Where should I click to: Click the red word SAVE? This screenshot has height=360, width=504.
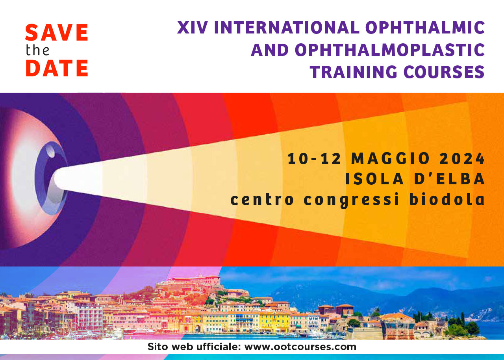pos(56,32)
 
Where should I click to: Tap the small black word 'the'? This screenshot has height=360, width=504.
pos(37,50)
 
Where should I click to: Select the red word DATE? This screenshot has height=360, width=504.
pos(57,68)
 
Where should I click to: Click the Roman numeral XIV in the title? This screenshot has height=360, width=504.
pos(193,28)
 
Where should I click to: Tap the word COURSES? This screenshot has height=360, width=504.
pos(444,72)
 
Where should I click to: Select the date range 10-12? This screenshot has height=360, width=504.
pos(314,158)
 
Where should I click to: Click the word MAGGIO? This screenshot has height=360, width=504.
pos(390,158)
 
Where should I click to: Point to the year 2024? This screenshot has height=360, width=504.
pos(462,158)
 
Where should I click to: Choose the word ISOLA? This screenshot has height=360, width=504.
pos(374,179)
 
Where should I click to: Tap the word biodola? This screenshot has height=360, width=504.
pos(447,199)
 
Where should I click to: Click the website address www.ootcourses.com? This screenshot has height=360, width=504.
pos(300,347)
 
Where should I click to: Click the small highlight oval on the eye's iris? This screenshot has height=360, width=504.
pos(51,151)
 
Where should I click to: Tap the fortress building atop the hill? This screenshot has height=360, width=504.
pos(193,280)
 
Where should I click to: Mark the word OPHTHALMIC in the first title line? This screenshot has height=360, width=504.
pos(425,28)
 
